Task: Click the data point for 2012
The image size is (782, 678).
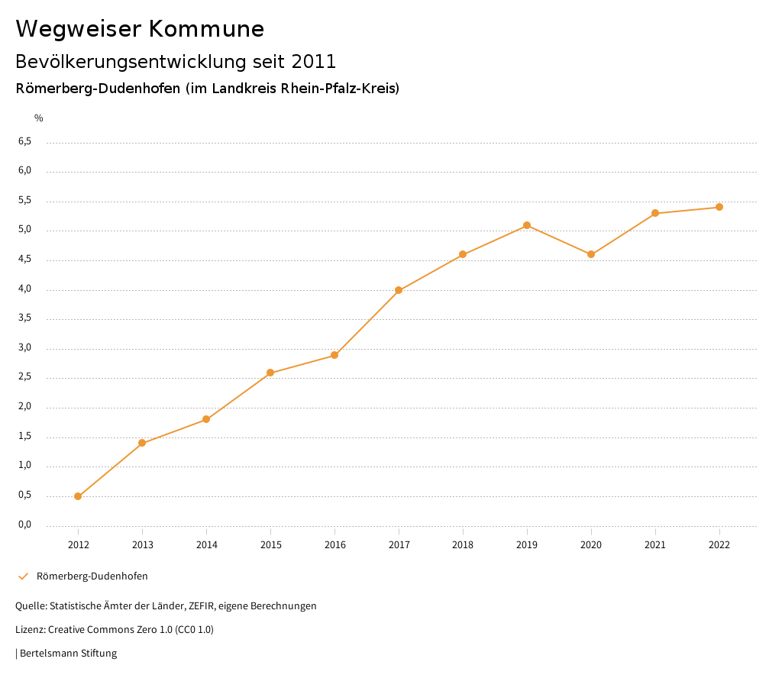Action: (78, 496)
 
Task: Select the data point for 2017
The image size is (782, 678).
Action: (399, 290)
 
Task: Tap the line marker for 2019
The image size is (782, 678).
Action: (527, 225)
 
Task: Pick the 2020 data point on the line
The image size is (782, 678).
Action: (591, 254)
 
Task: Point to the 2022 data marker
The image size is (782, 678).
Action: (719, 207)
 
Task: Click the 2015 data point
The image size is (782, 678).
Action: (270, 373)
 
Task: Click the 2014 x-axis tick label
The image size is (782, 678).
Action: (206, 544)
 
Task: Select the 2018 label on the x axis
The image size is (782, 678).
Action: (463, 544)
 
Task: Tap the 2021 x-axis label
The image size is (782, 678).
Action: (655, 544)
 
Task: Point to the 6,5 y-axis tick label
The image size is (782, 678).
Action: (24, 142)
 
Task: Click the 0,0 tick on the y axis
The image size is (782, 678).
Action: (24, 525)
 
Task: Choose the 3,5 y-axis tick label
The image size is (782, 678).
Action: (24, 318)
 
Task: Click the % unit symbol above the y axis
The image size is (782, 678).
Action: (39, 118)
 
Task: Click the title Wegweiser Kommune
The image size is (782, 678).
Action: (140, 29)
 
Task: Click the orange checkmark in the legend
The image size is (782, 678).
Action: (23, 576)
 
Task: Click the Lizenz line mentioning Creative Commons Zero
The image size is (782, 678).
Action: (115, 630)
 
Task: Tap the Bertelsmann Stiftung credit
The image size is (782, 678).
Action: (67, 654)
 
